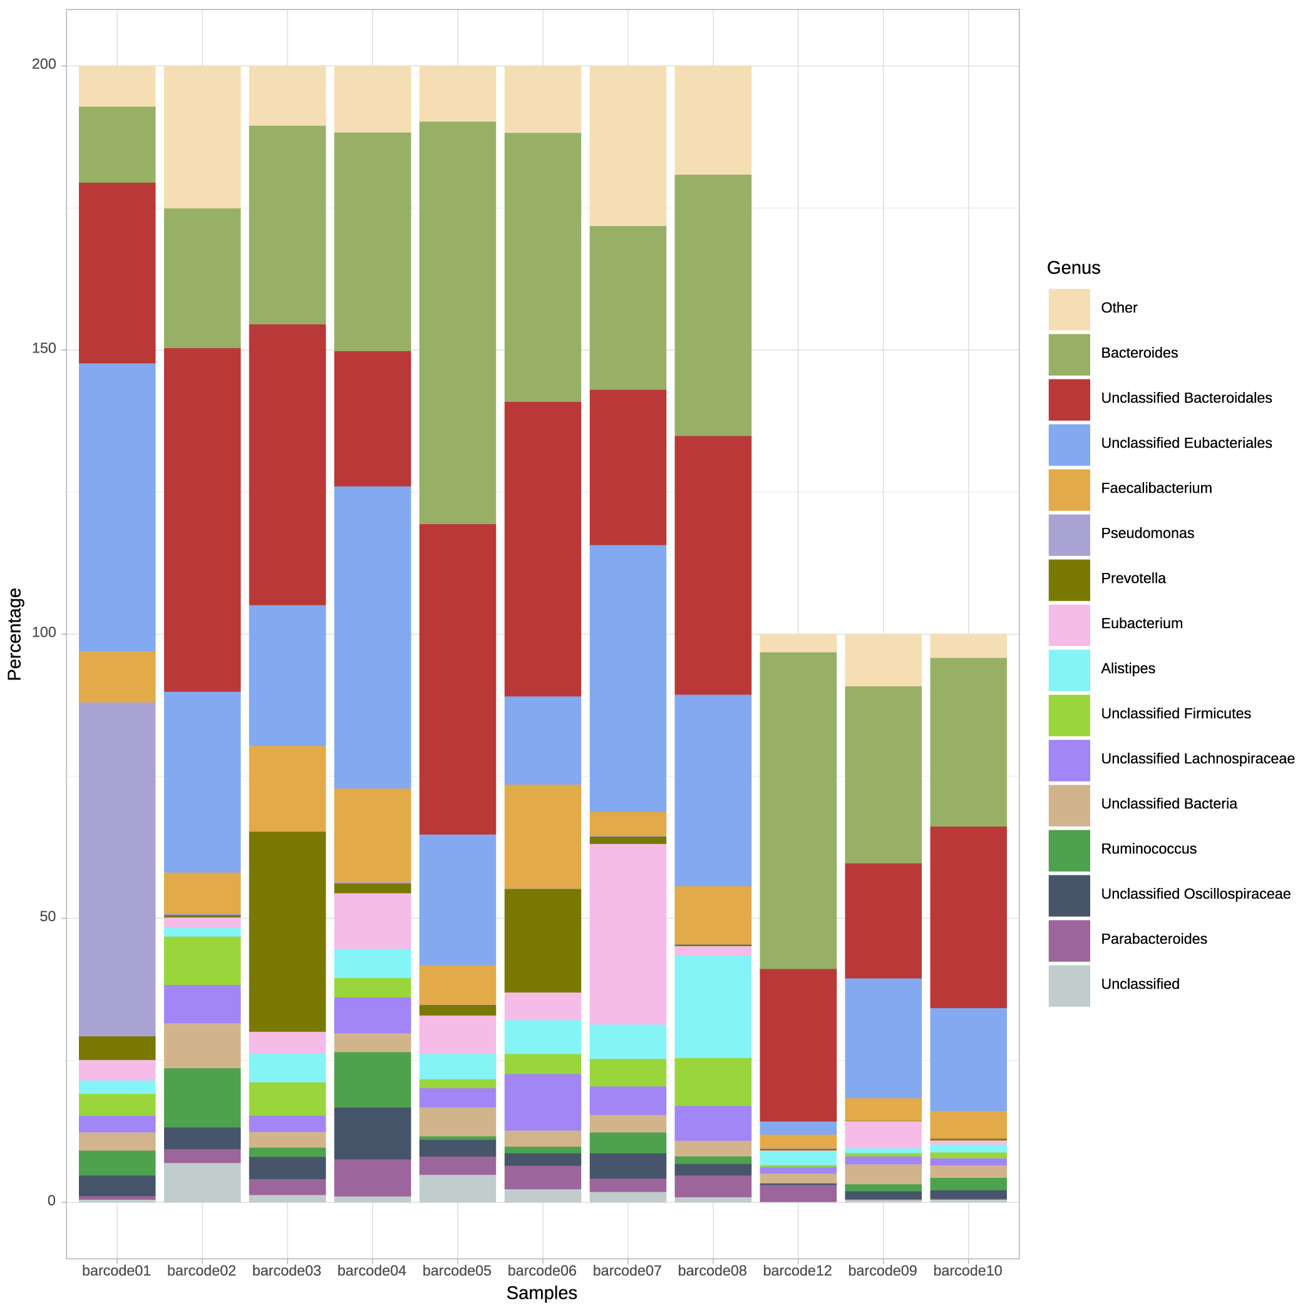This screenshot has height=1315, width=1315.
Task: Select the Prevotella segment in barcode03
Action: pos(287,932)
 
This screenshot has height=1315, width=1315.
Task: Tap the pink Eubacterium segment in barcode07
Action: pos(627,934)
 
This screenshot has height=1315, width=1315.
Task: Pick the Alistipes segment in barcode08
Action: pos(713,1007)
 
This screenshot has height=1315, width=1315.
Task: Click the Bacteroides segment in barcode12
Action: pos(798,810)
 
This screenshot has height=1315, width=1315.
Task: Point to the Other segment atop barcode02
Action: pos(202,136)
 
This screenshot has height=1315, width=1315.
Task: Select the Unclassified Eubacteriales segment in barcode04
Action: pos(373,637)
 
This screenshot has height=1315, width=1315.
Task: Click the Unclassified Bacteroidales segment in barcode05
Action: pos(457,679)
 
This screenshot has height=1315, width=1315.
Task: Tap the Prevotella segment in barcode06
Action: pos(542,941)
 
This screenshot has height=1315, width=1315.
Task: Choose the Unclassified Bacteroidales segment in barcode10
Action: pos(968,917)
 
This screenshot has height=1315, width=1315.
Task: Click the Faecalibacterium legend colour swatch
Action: pos(1069,490)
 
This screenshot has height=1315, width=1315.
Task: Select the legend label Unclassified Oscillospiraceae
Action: pos(1195,894)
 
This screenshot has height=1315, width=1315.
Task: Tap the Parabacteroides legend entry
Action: pos(1153,939)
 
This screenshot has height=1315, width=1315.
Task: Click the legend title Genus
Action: pos(1073,267)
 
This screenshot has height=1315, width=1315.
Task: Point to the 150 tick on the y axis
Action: pos(44,349)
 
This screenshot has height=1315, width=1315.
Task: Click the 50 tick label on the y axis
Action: pos(47,917)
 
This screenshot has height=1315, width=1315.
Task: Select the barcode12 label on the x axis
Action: pos(797,1271)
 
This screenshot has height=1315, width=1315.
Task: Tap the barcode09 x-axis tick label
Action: pos(882,1271)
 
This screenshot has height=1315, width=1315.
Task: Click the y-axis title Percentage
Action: pos(15,634)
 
